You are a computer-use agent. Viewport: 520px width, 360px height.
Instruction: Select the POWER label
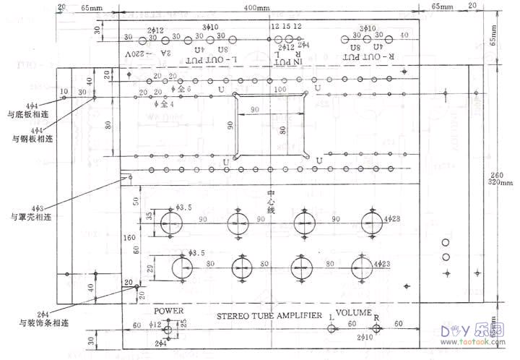[169, 310]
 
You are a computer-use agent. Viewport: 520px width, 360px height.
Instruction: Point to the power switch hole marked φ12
[168, 330]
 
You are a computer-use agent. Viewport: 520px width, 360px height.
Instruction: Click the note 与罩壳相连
[29, 217]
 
